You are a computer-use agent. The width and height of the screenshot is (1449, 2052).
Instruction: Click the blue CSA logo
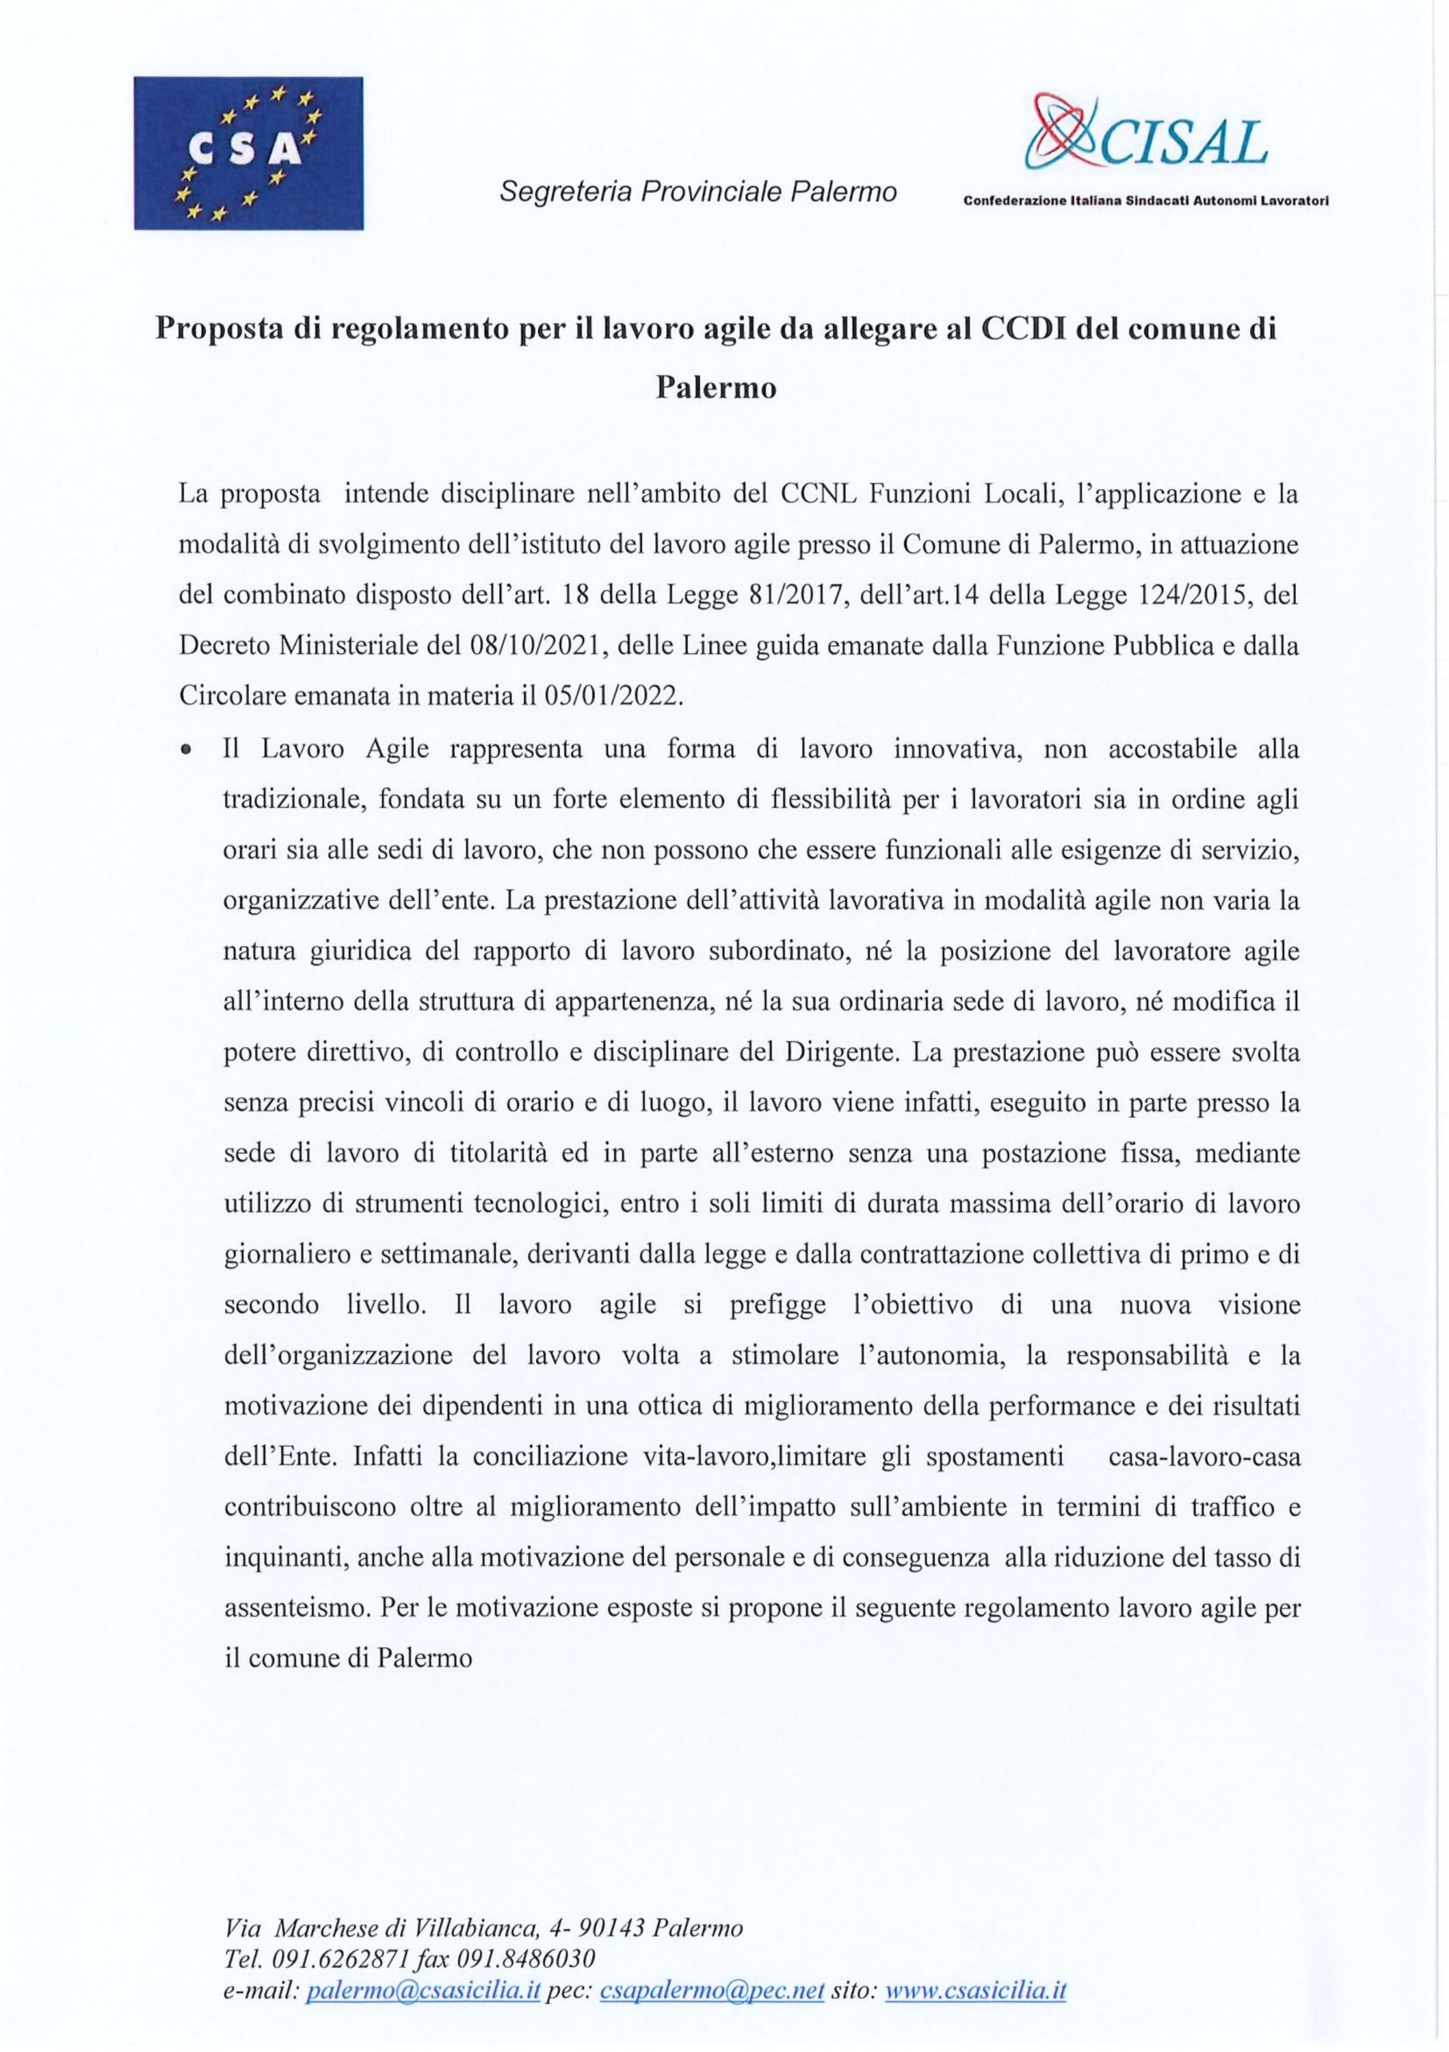click(x=248, y=153)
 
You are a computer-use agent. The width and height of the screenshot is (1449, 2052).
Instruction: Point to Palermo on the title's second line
click(x=715, y=389)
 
